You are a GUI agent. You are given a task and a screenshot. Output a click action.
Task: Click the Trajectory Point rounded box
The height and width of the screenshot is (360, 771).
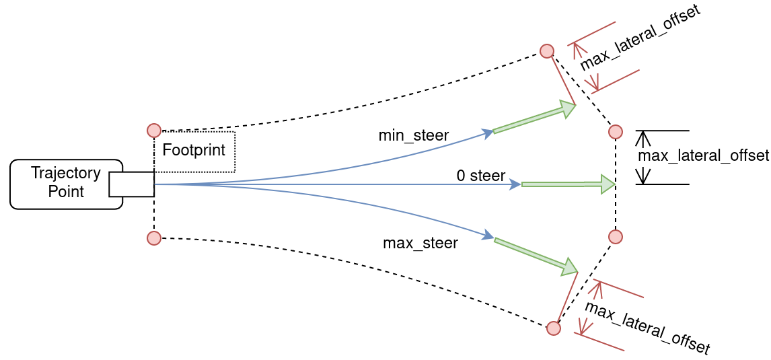[x=61, y=184]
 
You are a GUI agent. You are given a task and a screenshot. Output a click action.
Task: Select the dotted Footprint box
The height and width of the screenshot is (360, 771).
[x=194, y=151]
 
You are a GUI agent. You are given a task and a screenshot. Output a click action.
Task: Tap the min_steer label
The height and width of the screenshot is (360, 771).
[x=413, y=135]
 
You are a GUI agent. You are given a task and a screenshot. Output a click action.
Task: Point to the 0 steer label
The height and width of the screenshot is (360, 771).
[x=480, y=176]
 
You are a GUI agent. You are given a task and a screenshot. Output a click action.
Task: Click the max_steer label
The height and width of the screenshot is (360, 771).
[x=420, y=243]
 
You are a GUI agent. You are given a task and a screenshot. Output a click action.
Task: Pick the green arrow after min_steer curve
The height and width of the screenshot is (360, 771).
[x=534, y=119]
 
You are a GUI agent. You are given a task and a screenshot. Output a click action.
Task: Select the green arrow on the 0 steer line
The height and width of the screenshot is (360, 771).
[x=568, y=184]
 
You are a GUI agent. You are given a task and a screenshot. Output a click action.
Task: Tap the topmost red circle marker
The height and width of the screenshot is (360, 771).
[x=547, y=51]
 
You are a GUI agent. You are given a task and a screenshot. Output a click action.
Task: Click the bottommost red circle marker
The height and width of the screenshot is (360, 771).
[x=553, y=328]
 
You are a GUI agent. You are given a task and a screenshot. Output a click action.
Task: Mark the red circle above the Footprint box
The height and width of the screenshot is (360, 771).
[x=154, y=131]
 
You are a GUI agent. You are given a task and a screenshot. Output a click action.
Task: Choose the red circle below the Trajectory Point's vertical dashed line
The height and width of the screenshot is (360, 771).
[x=154, y=238]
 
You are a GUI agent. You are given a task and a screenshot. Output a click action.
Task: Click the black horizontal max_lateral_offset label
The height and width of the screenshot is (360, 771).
[x=703, y=156]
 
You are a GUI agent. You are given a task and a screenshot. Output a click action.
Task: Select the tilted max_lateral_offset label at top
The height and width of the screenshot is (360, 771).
[x=640, y=38]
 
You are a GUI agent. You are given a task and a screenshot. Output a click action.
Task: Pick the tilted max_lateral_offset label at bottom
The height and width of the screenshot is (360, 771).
[x=647, y=328]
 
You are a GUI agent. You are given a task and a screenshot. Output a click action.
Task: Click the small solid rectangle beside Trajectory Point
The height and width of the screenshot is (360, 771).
[x=132, y=184]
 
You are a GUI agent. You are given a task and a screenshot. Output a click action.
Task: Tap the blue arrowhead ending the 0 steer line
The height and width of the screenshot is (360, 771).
[x=515, y=184]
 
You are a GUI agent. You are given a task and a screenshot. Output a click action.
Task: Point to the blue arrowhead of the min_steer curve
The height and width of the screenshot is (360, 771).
[x=488, y=133]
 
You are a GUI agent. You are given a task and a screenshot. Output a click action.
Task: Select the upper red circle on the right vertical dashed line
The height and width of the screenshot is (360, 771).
[x=616, y=132]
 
